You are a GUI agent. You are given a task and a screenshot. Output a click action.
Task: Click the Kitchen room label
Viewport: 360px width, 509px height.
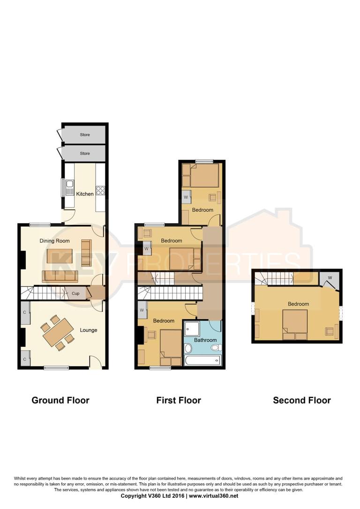tap(85, 194)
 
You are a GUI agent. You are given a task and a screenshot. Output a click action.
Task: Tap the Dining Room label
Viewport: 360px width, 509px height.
tap(54, 241)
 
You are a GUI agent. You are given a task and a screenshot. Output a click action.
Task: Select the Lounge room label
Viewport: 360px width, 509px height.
tap(88, 330)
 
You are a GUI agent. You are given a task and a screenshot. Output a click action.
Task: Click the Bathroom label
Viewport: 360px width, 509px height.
tap(206, 340)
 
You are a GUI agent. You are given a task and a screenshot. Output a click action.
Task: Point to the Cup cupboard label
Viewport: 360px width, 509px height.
tap(75, 294)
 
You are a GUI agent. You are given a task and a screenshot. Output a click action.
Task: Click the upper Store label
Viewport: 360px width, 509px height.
tap(84, 135)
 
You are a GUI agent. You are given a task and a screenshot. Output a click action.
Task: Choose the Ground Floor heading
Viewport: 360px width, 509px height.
tap(60, 400)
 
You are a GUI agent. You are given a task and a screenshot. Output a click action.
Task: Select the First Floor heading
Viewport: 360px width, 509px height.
tap(179, 400)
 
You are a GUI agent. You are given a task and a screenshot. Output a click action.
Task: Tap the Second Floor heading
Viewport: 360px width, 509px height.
tap(302, 400)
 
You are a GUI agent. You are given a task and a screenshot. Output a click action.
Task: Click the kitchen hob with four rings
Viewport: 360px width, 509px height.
tap(100, 190)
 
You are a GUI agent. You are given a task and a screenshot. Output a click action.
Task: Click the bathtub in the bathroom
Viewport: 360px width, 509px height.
tap(202, 360)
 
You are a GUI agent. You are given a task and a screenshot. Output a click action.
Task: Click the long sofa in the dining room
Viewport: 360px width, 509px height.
tap(60, 276)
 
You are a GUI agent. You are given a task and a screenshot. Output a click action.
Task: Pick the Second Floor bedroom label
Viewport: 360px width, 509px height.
tap(298, 304)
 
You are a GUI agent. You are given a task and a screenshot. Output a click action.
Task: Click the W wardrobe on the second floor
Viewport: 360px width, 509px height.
tap(330, 278)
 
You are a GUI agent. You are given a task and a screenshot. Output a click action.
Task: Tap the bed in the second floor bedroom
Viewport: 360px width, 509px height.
tap(295, 324)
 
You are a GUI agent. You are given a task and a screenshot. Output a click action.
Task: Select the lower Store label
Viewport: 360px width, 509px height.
tap(84, 153)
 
